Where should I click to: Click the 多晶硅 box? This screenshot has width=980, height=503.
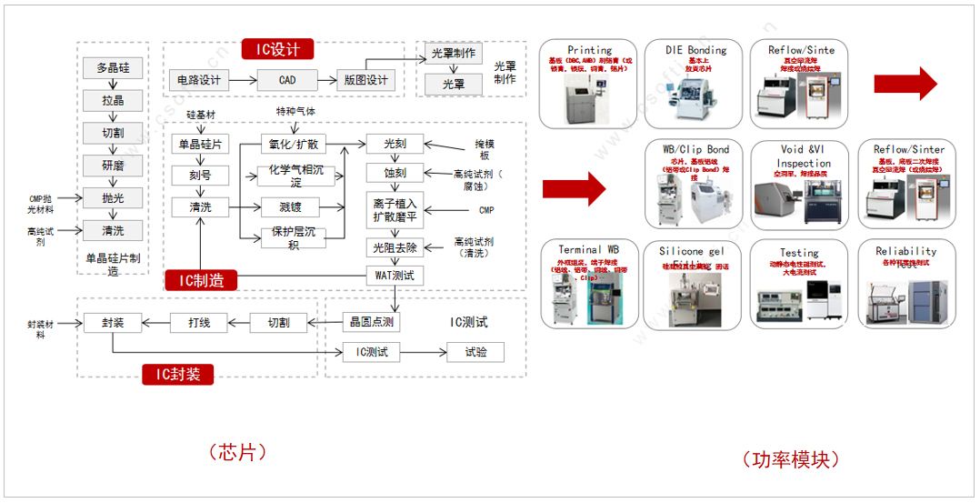pos(114,68)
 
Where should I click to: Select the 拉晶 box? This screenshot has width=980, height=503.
pos(114,100)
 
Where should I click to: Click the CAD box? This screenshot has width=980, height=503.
pos(287,80)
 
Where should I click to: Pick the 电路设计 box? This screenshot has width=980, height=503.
pos(199,80)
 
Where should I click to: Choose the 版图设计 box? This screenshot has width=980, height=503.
pos(365,80)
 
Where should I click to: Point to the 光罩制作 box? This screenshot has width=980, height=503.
pos(453,54)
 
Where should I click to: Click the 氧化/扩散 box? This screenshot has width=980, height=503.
pos(294,144)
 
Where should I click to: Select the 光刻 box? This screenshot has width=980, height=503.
pos(395,144)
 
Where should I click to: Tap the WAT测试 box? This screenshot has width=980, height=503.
pos(395,275)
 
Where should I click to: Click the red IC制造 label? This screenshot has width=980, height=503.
pos(201,280)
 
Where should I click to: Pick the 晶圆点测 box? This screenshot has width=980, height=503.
pos(371,322)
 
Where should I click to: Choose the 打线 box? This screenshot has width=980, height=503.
pos(199,322)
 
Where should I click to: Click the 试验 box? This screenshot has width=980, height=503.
pos(475,352)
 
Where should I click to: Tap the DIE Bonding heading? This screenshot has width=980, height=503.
pos(695,50)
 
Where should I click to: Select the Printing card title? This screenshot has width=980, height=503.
pos(590,50)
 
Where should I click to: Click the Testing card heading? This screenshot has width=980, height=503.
pos(799,253)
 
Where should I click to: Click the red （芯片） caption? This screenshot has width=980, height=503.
pos(238,452)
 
